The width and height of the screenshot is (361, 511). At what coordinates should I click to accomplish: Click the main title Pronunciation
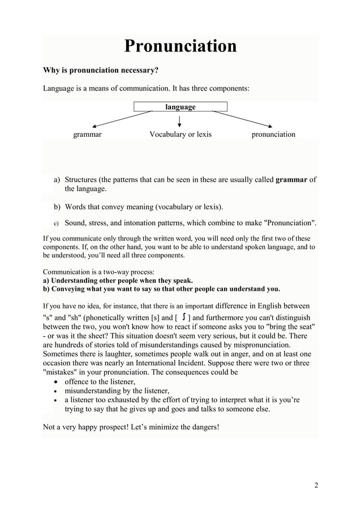[180, 46]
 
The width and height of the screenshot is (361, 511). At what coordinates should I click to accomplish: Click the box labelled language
[180, 106]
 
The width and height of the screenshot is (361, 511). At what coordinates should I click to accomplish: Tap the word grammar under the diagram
[87, 135]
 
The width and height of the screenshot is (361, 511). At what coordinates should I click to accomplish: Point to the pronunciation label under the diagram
[273, 135]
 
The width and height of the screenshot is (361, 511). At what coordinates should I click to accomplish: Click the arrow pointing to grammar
[122, 118]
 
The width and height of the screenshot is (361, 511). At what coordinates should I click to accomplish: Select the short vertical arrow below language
[179, 121]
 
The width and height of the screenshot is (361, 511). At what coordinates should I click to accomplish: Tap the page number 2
[316, 485]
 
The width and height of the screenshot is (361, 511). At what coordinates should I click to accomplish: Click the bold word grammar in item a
[293, 180]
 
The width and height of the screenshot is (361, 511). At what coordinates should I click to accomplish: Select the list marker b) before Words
[57, 207]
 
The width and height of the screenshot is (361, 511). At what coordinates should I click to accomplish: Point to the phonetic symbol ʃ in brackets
[185, 317]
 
